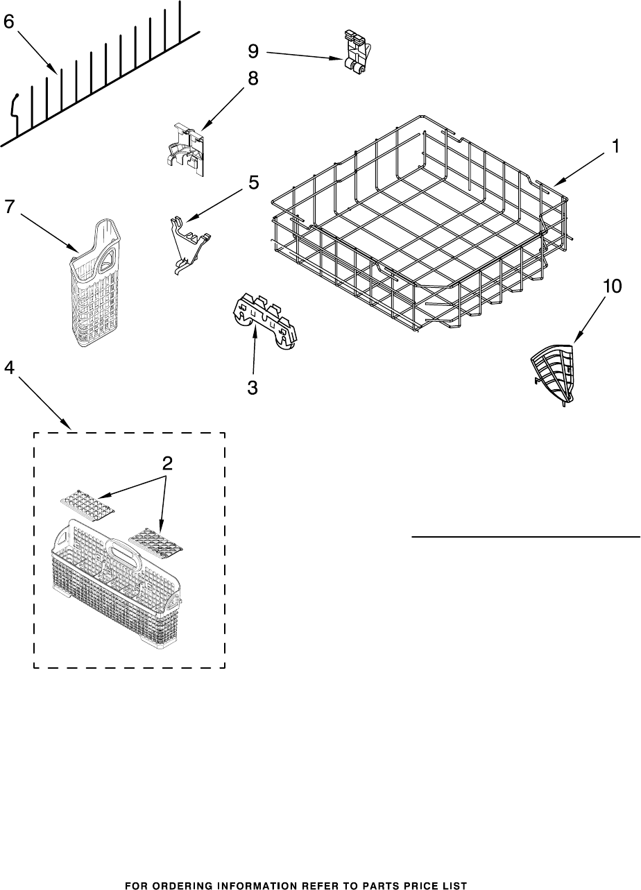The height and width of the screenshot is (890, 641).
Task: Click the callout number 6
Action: click(8, 22)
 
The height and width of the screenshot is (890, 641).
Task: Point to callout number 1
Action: click(615, 146)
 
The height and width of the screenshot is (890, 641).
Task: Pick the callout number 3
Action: click(253, 388)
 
